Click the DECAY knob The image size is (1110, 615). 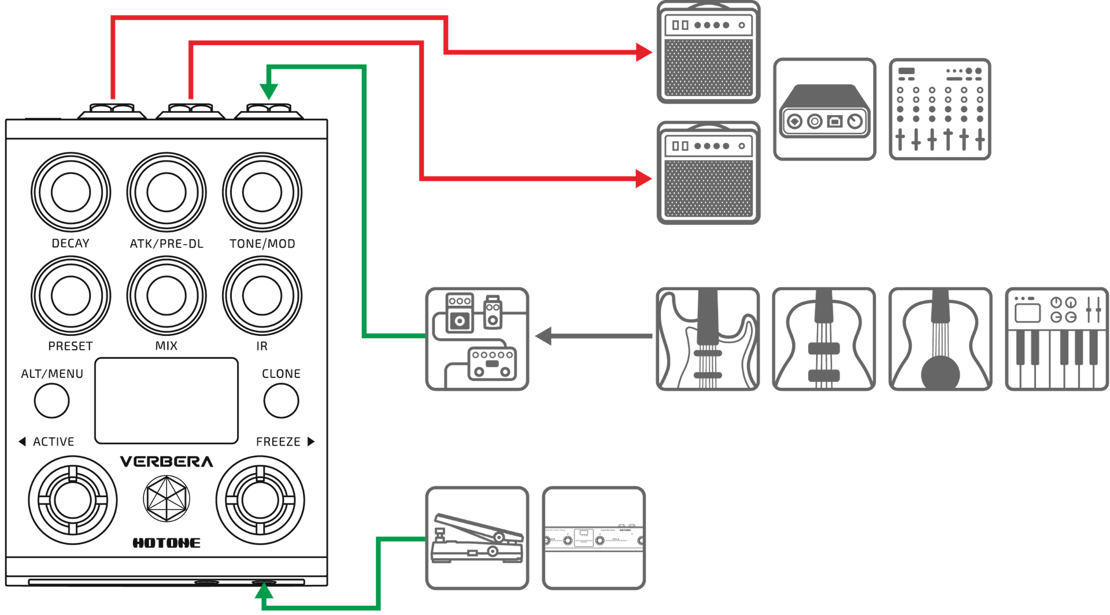(x=71, y=192)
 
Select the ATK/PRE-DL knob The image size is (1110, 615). (x=166, y=192)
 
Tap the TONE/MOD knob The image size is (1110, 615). (x=262, y=192)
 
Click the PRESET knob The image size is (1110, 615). (x=71, y=295)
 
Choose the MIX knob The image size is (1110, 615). (x=166, y=295)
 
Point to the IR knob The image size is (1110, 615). (x=262, y=295)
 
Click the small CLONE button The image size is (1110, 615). (x=281, y=401)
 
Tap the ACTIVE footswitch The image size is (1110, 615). (x=72, y=501)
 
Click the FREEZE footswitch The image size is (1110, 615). (x=260, y=501)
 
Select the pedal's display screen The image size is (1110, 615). (x=166, y=401)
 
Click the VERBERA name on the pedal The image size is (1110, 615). (x=166, y=462)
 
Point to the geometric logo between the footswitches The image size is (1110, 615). (x=166, y=498)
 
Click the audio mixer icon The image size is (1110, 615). (x=939, y=109)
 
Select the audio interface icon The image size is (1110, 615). (x=824, y=109)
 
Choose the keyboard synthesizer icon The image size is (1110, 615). (x=1056, y=339)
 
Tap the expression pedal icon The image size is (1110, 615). (x=477, y=538)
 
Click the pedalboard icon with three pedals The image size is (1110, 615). (x=477, y=339)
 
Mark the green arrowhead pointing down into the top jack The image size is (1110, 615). (x=268, y=91)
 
